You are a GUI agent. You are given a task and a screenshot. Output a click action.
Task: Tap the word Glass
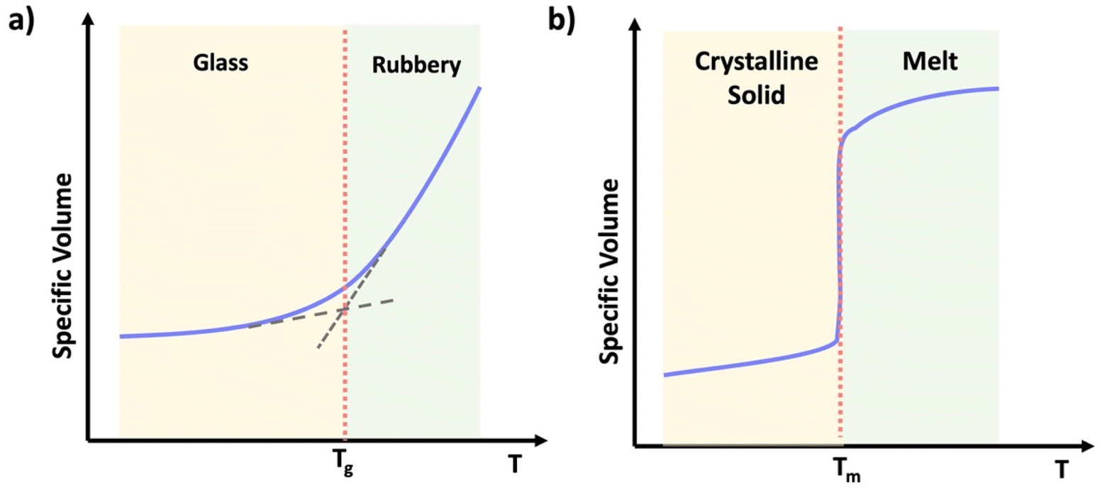pos(221,64)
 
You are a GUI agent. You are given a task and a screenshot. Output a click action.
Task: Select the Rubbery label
pos(416,66)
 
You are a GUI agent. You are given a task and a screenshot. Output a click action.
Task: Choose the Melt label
pos(930,63)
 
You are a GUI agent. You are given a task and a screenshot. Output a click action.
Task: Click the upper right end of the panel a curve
pos(481,88)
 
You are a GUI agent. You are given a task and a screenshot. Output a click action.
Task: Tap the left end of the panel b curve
pos(664,374)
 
